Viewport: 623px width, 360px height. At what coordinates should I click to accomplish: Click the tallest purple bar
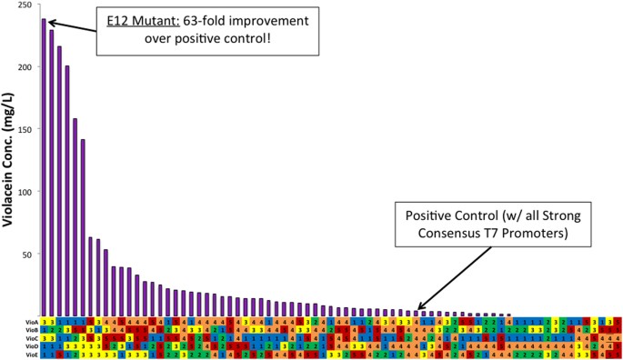[44, 167]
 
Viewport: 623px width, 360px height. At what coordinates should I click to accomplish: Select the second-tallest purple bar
[52, 173]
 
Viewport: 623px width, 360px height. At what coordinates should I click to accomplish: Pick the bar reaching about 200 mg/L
[67, 191]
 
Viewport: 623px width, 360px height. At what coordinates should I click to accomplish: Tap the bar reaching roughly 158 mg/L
[75, 217]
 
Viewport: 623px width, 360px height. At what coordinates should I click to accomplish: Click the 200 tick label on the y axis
[28, 67]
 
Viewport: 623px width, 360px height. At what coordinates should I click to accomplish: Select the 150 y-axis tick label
[28, 130]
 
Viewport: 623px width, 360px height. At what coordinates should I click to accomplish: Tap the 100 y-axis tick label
[28, 192]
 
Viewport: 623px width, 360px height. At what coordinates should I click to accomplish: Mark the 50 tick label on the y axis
[30, 255]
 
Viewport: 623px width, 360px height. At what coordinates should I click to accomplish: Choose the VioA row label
[32, 320]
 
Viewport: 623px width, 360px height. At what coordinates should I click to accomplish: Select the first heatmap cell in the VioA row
[44, 320]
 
